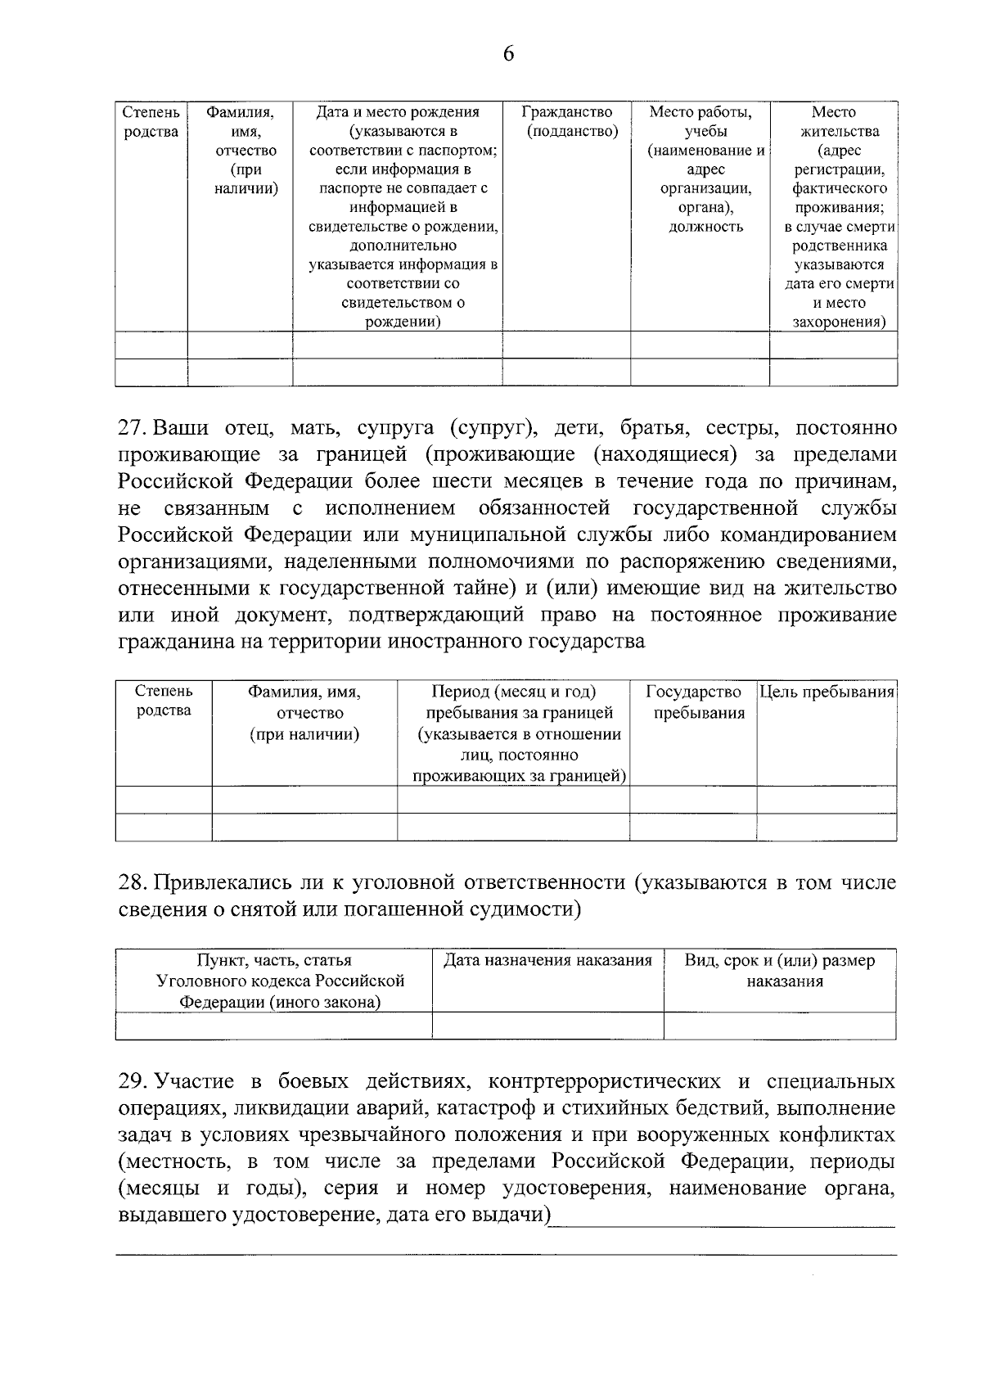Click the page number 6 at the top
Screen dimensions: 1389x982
click(507, 54)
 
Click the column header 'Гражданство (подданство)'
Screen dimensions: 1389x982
click(566, 121)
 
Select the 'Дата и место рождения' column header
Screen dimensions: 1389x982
click(398, 112)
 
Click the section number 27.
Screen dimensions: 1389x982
click(132, 428)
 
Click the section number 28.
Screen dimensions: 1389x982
click(132, 882)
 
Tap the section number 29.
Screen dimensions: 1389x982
click(132, 1081)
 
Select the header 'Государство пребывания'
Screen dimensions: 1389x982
click(693, 702)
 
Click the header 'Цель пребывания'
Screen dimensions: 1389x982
click(827, 692)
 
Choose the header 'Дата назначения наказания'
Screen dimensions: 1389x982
click(547, 960)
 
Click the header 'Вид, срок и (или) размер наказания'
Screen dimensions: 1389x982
click(780, 971)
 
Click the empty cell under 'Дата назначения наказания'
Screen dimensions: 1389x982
click(547, 1026)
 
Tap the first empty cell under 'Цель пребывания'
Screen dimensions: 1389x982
click(827, 800)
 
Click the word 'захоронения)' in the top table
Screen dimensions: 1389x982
click(839, 322)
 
